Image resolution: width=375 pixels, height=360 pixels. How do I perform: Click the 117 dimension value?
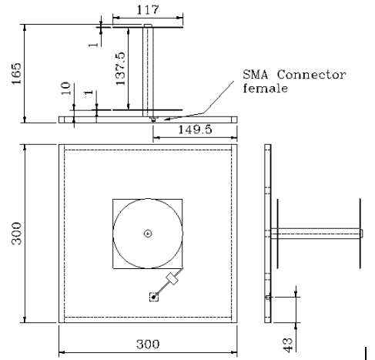[x=148, y=10]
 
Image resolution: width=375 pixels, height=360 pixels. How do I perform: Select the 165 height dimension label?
[x=16, y=73]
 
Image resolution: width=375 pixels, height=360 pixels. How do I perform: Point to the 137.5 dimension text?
[x=120, y=69]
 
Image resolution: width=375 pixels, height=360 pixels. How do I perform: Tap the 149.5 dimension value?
[x=195, y=130]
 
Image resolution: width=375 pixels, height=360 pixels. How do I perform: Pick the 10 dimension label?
[x=65, y=89]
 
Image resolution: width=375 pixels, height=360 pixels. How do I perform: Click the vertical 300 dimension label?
[x=16, y=234]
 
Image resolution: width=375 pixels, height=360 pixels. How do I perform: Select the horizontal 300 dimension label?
[x=148, y=344]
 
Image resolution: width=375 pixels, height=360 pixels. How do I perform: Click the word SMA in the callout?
[x=256, y=75]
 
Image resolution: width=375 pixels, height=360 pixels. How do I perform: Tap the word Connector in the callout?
[x=311, y=75]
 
